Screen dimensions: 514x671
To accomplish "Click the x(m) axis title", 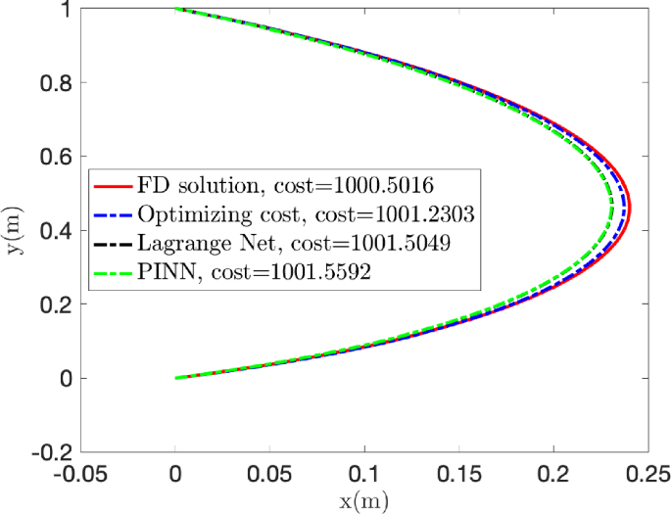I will point(364,501).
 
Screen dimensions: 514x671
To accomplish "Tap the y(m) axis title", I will point(14,231).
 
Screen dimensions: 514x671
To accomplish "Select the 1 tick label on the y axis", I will point(66,10).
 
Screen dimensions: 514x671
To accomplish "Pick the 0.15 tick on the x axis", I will point(459,475).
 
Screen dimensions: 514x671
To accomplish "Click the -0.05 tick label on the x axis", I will point(81,475).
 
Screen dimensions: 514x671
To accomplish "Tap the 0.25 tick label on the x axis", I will point(648,475).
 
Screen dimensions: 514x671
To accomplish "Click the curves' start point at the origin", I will point(176,378).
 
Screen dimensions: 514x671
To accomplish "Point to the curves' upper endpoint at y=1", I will point(176,10).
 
